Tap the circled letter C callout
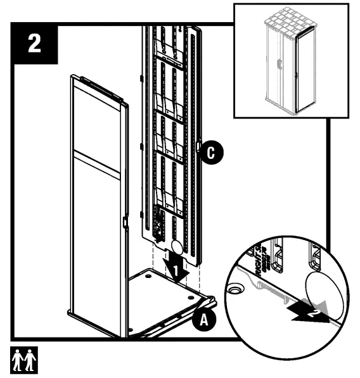[214, 153]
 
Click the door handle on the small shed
[277, 63]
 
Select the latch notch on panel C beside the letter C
[200, 147]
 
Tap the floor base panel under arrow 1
[171, 298]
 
